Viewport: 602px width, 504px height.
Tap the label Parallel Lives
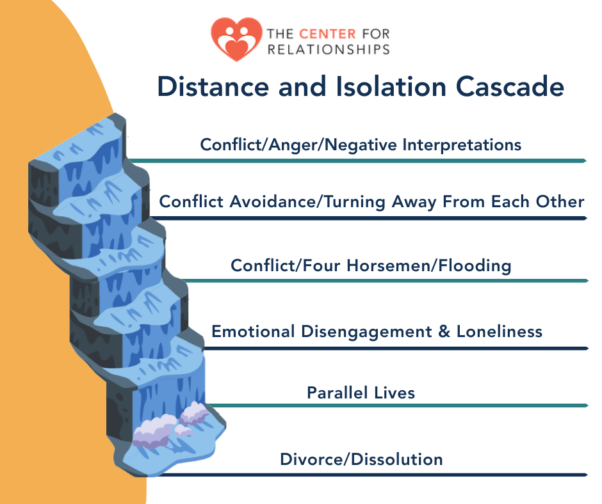pyautogui.click(x=361, y=392)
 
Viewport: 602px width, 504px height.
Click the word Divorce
pyautogui.click(x=309, y=459)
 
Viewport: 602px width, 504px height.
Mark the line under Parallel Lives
pyautogui.click(x=397, y=406)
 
